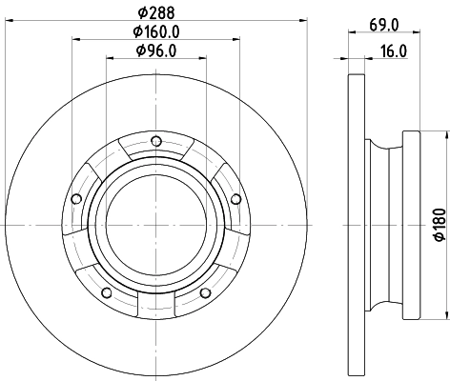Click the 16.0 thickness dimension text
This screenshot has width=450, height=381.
[x=392, y=51]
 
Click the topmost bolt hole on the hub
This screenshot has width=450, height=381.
[x=157, y=145]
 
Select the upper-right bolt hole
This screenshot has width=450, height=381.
[x=234, y=198]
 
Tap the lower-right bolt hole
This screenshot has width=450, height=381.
[x=207, y=291]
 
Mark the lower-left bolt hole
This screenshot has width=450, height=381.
[x=108, y=291]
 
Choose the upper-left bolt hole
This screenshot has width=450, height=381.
[x=78, y=199]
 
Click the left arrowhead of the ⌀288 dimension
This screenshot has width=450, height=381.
[x=7, y=20]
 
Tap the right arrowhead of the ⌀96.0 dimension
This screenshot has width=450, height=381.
[x=204, y=57]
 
